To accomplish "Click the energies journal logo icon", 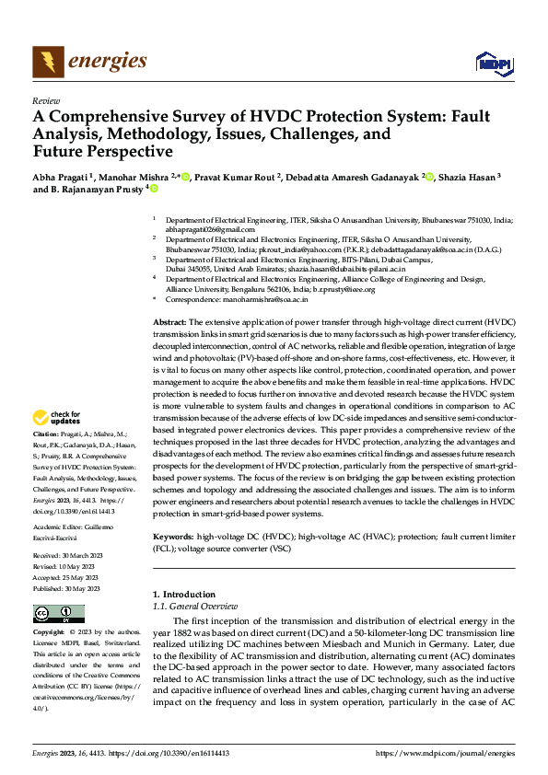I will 46,62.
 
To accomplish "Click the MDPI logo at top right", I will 493,63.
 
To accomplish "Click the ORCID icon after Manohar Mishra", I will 185,176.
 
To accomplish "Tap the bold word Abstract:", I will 169,322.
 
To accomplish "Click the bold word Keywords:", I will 172,536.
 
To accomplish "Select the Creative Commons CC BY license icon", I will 58,615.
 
